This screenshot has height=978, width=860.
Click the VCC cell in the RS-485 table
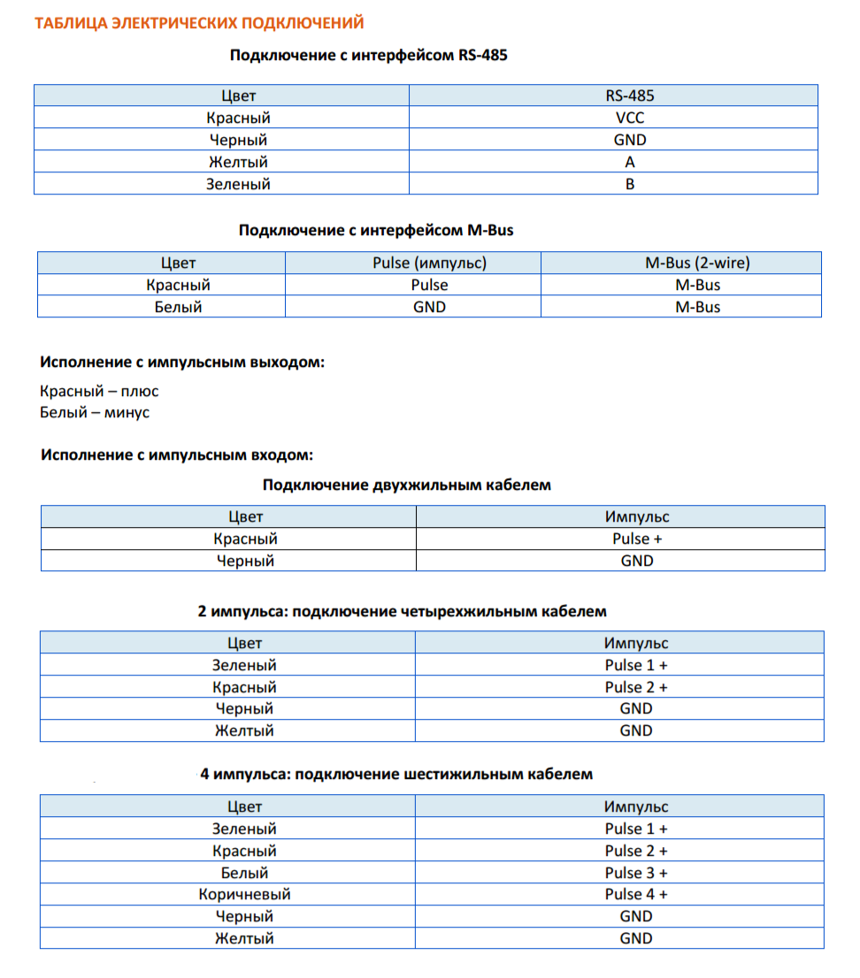point(630,118)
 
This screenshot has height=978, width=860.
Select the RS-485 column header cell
point(630,96)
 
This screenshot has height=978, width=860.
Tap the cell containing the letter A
point(630,162)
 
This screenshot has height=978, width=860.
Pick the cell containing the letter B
point(630,184)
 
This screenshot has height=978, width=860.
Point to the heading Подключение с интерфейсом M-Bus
point(376,230)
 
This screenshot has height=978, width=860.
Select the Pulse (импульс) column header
point(430,263)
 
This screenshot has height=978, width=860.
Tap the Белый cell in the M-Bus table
point(179,307)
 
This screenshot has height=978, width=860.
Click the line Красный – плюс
point(99,391)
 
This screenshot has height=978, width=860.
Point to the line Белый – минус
point(95,412)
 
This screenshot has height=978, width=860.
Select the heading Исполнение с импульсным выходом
point(181,363)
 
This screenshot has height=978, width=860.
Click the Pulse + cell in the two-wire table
point(636,539)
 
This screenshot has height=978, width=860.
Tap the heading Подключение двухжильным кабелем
point(406,485)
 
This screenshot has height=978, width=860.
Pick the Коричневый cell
point(244,894)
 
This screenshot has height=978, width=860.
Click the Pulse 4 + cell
point(636,894)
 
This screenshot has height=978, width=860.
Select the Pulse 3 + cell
point(636,873)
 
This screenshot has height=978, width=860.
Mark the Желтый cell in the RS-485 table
point(238,162)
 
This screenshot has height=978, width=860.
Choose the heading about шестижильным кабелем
point(396,774)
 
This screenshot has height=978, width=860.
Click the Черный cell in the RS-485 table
point(238,140)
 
